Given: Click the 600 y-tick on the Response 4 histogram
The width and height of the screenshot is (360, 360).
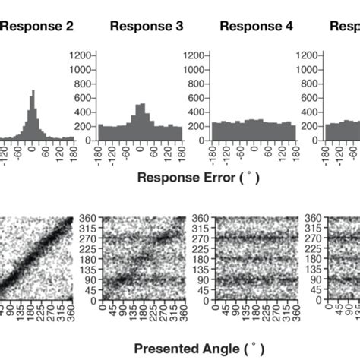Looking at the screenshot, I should (196, 98).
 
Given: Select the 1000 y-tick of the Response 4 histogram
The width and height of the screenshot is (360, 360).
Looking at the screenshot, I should (194, 69).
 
